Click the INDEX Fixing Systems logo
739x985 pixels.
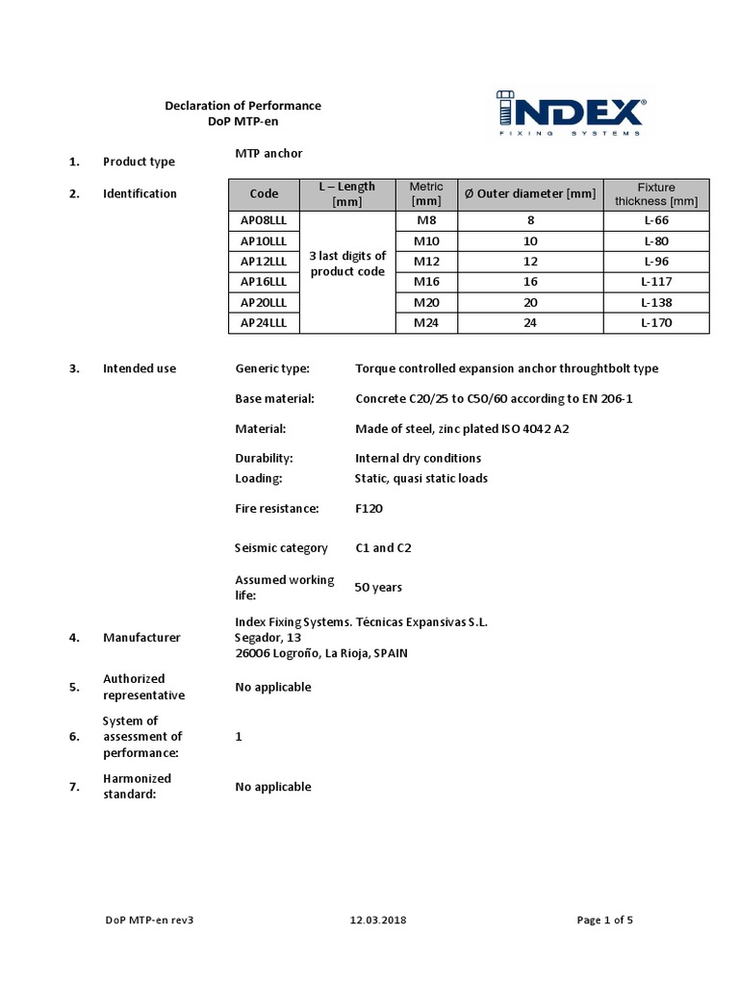click(572, 114)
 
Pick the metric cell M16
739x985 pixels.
click(426, 282)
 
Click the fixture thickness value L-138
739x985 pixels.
click(655, 302)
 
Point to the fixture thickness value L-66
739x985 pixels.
click(655, 220)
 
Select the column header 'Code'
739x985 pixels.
click(264, 194)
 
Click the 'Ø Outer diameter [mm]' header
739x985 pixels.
click(530, 194)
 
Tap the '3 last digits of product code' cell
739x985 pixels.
click(347, 263)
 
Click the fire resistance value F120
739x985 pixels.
click(370, 507)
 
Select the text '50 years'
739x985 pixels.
click(378, 587)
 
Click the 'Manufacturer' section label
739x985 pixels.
click(141, 637)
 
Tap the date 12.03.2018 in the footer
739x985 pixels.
click(378, 920)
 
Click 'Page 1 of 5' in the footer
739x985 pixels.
click(604, 920)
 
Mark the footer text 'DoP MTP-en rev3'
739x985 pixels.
click(150, 920)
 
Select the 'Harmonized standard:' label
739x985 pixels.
click(137, 786)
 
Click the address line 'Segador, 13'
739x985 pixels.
click(268, 637)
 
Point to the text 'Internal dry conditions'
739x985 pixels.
click(418, 458)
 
